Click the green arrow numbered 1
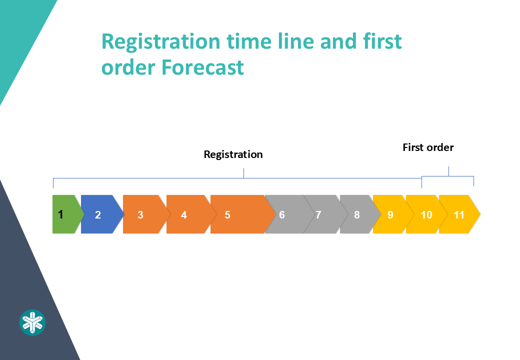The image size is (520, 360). click(64, 214)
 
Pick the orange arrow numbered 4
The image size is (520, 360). click(186, 214)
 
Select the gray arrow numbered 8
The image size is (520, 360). click(357, 214)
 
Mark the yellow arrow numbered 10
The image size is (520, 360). click(425, 214)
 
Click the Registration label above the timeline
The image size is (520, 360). click(233, 154)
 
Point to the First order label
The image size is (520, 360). click(428, 147)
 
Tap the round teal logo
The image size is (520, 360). click(32, 322)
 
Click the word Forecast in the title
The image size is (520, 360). click(202, 67)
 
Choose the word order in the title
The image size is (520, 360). click(128, 67)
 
